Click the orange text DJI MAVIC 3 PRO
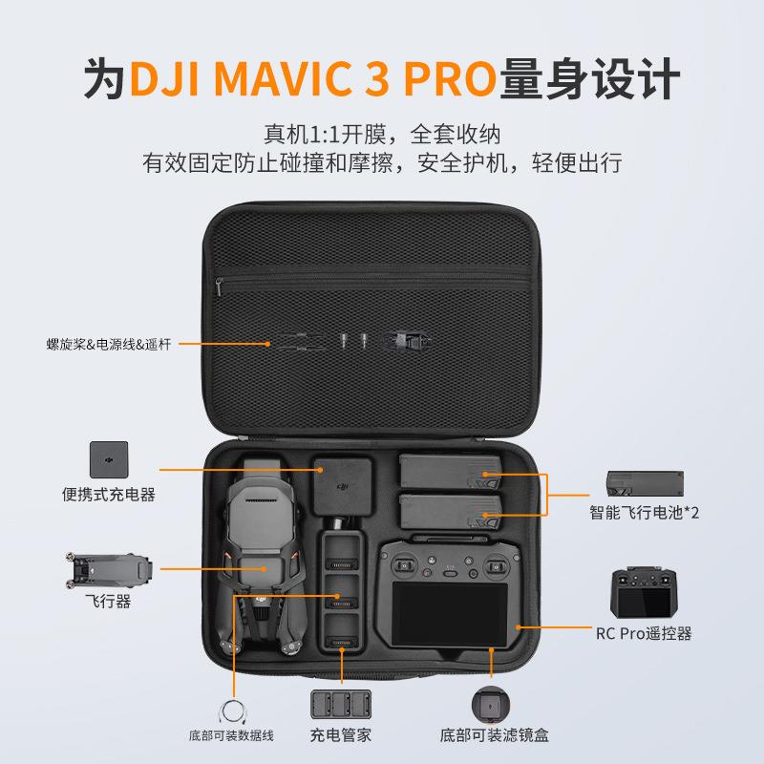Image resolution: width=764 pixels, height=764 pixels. [x=313, y=79]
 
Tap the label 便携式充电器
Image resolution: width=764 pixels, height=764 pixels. [x=108, y=495]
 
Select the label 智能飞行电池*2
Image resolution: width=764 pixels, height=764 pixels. [x=644, y=513]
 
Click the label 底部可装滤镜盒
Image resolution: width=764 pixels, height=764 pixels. [x=494, y=735]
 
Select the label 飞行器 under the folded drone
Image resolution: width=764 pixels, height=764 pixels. [x=108, y=602]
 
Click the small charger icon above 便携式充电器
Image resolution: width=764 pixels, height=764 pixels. [x=108, y=459]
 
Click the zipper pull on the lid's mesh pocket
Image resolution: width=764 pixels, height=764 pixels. [x=220, y=286]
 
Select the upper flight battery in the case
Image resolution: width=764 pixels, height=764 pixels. [x=449, y=471]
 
